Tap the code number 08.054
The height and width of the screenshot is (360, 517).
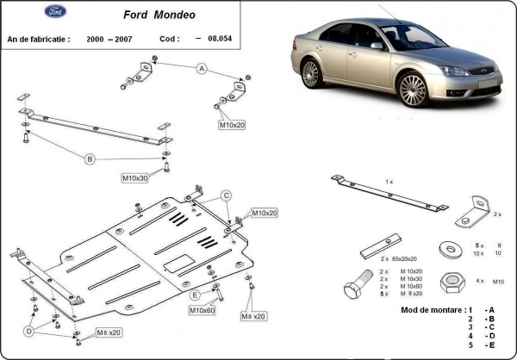click(x=231, y=39)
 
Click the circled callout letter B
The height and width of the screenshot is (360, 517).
click(x=89, y=158)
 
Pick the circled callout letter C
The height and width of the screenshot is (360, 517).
click(x=227, y=195)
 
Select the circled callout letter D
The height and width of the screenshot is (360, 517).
click(x=28, y=330)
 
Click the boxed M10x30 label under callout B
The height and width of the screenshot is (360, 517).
click(x=135, y=178)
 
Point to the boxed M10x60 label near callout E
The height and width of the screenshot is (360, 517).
click(x=202, y=309)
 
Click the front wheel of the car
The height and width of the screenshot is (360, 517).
click(x=412, y=90)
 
